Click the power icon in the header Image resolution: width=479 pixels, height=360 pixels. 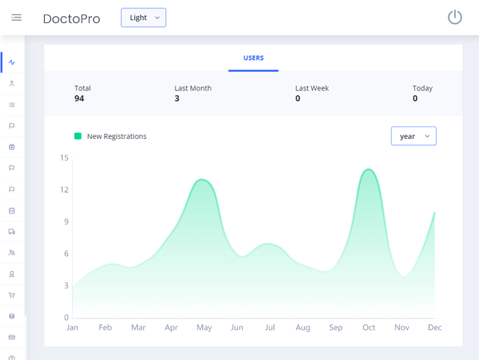pyautogui.click(x=454, y=17)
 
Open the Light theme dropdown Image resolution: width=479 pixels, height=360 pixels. pyautogui.click(x=143, y=18)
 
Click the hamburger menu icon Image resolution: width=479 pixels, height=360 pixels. pyautogui.click(x=16, y=18)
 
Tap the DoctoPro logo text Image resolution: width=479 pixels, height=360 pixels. pyautogui.click(x=72, y=19)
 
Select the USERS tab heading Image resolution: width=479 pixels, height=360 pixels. pyautogui.click(x=254, y=58)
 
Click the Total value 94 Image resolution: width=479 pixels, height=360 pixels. pyautogui.click(x=79, y=99)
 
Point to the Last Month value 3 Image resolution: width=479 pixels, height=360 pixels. pyautogui.click(x=177, y=99)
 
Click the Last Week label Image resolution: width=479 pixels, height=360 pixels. pyautogui.click(x=312, y=88)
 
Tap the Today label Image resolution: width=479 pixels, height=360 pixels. pyautogui.click(x=423, y=88)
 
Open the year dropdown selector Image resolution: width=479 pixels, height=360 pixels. pyautogui.click(x=413, y=136)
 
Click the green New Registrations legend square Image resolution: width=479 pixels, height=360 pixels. pyautogui.click(x=78, y=136)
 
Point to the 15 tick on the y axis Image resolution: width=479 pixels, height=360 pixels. pyautogui.click(x=65, y=158)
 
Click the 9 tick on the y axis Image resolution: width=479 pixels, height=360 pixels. pyautogui.click(x=66, y=222)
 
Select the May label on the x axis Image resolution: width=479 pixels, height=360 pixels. pyautogui.click(x=204, y=328)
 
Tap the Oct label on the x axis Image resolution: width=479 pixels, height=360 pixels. pyautogui.click(x=369, y=328)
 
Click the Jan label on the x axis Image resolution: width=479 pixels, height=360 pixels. pyautogui.click(x=72, y=328)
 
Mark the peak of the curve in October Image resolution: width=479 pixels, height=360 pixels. pyautogui.click(x=368, y=169)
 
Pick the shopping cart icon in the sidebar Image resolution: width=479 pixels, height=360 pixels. pyautogui.click(x=12, y=295)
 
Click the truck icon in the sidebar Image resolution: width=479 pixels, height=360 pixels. pyautogui.click(x=12, y=232)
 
